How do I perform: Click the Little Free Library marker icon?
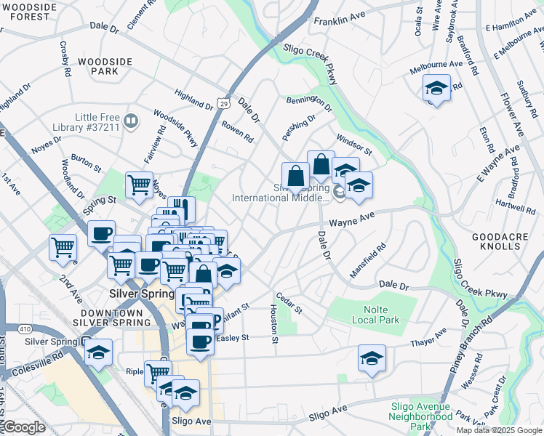pos(132,121)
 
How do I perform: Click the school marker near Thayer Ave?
pos(372,358)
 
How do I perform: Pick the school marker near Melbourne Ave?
pos(436,89)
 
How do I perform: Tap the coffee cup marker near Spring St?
pos(102,233)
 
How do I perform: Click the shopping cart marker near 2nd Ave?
pos(63,247)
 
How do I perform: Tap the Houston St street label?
pos(274,323)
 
